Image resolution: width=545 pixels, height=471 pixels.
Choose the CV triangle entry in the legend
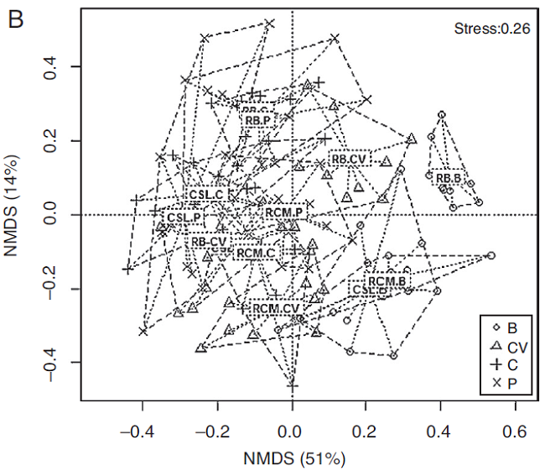(x=506, y=346)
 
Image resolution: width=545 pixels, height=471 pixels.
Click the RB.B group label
(x=449, y=178)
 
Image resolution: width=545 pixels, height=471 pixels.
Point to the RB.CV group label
(x=348, y=158)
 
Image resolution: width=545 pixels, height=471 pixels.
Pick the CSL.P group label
(x=183, y=217)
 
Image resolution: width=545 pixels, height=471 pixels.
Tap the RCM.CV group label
(x=276, y=308)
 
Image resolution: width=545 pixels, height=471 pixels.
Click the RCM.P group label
(x=283, y=212)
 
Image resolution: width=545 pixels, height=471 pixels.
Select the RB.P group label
(x=257, y=120)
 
